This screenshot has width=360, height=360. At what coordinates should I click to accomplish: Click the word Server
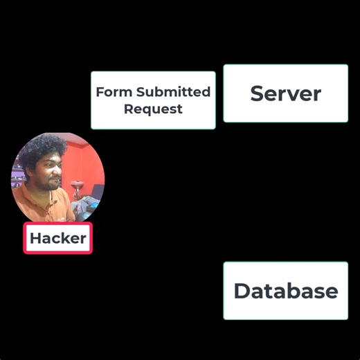285,93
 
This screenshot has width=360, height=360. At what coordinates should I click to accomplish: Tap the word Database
285,291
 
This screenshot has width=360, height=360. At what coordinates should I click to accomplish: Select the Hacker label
58,239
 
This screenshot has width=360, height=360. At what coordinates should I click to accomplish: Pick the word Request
153,109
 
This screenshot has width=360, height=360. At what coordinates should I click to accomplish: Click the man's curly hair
42,149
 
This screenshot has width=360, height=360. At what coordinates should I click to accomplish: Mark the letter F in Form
100,92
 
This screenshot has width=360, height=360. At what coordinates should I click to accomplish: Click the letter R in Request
128,109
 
